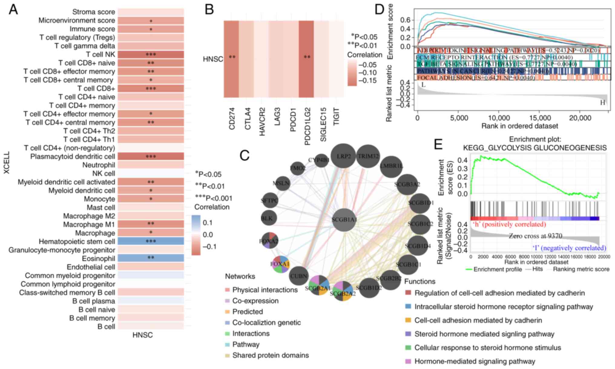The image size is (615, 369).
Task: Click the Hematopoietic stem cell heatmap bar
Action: coord(151,241)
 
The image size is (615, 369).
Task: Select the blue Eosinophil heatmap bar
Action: coord(151,258)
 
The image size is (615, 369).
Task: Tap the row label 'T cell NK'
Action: coord(100,54)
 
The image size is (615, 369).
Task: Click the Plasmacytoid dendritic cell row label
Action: coord(73,156)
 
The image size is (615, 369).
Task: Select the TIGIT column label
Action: coord(336,116)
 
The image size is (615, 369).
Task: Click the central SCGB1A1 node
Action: coord(344,220)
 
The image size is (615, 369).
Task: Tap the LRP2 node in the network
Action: coord(344,156)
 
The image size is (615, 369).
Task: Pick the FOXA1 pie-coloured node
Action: coord(280,264)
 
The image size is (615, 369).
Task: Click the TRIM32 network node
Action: coord(368,156)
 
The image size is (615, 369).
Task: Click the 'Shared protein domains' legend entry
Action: coord(270,355)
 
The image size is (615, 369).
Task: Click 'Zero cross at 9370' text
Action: coord(535,236)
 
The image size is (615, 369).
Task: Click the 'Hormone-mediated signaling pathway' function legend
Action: coord(475,361)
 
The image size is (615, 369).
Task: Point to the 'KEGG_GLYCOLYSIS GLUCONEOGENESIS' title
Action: coord(535,148)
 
